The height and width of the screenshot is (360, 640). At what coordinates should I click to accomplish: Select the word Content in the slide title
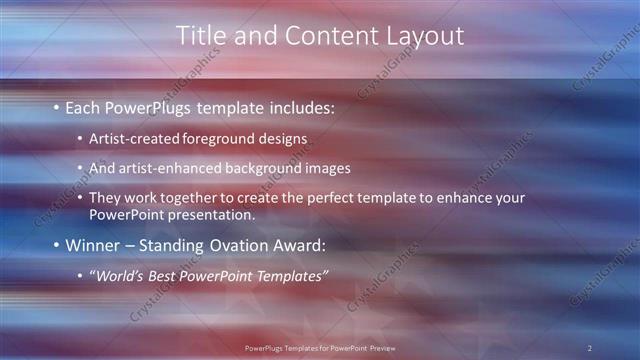tap(323, 35)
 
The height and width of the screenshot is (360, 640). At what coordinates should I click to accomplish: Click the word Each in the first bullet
tap(83, 106)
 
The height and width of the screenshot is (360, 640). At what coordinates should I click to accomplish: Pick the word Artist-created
tap(131, 138)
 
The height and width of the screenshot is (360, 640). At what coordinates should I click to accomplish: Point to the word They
tap(104, 198)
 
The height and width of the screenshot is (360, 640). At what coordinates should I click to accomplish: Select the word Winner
tap(91, 245)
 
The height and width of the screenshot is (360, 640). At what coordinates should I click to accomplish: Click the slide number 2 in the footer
tap(589, 348)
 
